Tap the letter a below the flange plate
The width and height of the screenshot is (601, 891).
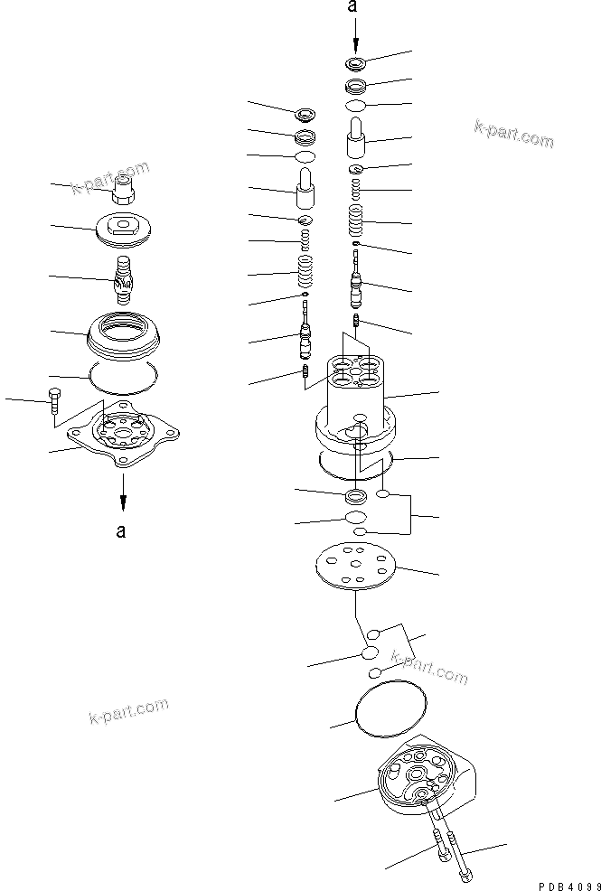tap(121, 530)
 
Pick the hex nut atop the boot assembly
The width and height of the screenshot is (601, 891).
tap(122, 191)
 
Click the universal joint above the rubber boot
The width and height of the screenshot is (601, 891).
tap(124, 276)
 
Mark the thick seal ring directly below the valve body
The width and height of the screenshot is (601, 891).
tap(356, 495)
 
